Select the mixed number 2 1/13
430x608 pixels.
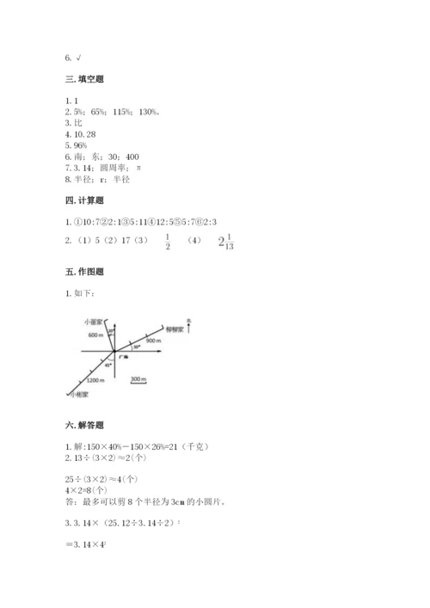(224, 243)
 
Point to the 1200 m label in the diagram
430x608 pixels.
(95, 379)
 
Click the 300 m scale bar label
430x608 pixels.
(138, 378)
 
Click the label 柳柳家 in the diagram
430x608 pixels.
(175, 330)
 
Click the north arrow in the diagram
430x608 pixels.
(188, 324)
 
